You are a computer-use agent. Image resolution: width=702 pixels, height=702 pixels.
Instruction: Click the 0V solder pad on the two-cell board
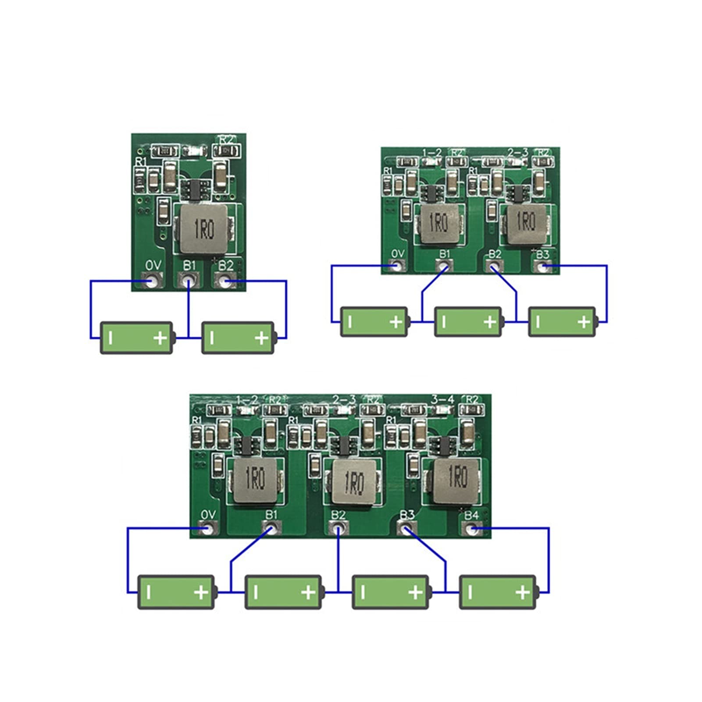[151, 281]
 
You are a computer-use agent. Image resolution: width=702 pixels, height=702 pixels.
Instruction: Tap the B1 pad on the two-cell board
[189, 280]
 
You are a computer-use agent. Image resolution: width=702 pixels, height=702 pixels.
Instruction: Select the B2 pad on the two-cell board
[225, 281]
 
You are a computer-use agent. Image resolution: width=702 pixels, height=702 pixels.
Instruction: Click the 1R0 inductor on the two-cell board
[203, 229]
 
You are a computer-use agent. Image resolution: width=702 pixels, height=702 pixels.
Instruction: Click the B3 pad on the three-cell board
[543, 266]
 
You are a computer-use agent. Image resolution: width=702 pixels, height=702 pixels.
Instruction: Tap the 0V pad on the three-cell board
[397, 265]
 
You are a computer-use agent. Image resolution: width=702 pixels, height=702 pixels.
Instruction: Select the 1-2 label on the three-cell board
[431, 153]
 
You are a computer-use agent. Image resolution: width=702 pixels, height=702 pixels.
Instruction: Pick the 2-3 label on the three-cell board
[517, 152]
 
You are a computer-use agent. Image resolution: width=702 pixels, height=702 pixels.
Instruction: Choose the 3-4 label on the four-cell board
[442, 399]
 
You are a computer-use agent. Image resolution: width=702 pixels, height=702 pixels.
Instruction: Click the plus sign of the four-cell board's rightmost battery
[522, 593]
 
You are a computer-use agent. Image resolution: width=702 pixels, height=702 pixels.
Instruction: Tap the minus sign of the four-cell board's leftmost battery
[149, 593]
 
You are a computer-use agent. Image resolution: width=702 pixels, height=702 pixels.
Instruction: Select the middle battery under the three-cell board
[468, 322]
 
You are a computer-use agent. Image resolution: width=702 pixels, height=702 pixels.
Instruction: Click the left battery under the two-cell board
[137, 338]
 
